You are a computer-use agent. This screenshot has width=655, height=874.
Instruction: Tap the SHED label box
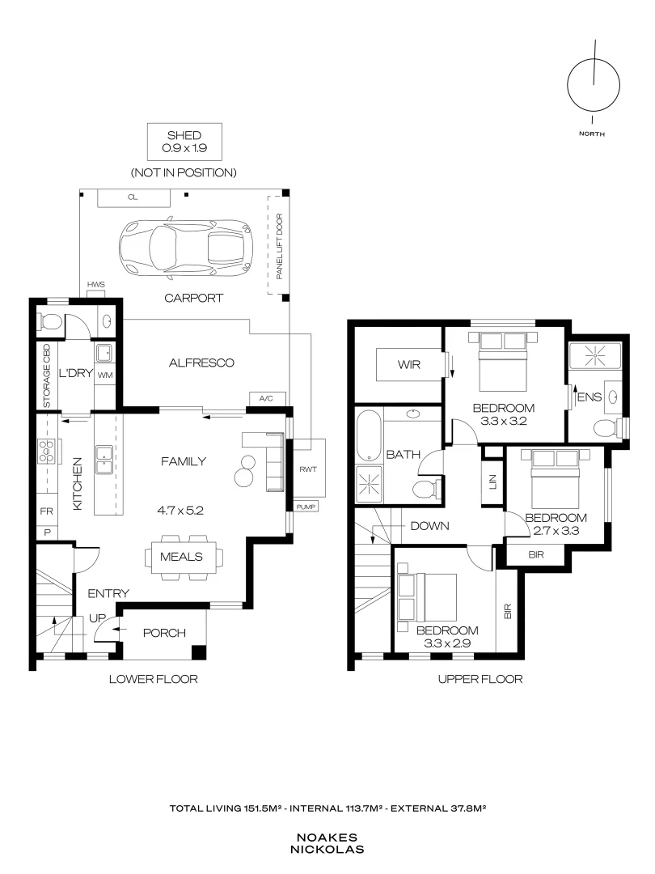click(x=184, y=142)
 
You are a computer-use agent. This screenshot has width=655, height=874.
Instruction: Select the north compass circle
click(x=594, y=86)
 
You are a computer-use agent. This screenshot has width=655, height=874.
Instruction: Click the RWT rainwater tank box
click(x=309, y=468)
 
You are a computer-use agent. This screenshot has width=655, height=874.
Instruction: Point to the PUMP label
click(x=306, y=507)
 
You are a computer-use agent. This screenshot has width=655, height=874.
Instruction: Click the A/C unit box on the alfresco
click(x=267, y=398)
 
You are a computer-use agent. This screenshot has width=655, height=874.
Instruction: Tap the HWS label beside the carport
click(x=95, y=284)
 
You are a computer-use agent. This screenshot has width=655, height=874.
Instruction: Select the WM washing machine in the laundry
click(x=104, y=375)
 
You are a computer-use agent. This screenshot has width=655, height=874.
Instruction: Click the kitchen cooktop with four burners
click(x=45, y=451)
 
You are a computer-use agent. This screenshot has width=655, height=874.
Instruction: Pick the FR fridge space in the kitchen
click(x=47, y=511)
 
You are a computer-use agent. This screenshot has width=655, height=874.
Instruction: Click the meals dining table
click(x=182, y=557)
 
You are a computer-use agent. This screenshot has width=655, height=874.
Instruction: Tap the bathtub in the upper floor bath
click(x=367, y=436)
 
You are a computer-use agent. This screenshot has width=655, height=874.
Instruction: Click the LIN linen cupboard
click(x=492, y=482)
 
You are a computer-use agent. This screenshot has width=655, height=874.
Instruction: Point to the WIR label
click(x=409, y=364)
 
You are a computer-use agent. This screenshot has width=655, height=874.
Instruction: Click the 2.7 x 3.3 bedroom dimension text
click(x=556, y=531)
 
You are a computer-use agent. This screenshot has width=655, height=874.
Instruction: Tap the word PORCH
click(x=164, y=633)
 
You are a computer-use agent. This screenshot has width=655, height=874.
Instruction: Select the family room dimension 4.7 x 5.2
click(x=180, y=510)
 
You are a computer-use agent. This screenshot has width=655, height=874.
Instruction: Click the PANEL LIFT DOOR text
click(x=280, y=246)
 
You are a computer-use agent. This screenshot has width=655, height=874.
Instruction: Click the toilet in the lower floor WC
click(x=49, y=321)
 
